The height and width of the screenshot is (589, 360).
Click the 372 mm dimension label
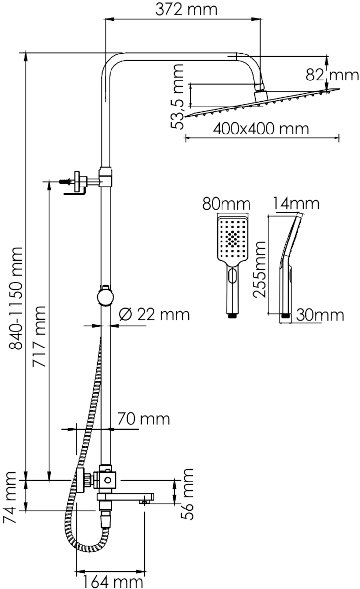click(186, 9)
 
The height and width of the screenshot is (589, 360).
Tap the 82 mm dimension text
click(332, 75)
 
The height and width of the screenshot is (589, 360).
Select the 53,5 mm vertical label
click(177, 97)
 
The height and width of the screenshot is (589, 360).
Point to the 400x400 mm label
click(261, 129)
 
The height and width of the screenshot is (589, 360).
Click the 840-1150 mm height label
click(16, 298)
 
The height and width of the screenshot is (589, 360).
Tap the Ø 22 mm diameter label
click(154, 314)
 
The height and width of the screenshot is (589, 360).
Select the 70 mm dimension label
click(144, 419)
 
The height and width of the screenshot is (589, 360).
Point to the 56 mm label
click(187, 494)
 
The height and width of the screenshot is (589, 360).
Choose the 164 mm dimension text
click(113, 582)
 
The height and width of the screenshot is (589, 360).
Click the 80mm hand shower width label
click(226, 204)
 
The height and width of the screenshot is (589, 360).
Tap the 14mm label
click(296, 203)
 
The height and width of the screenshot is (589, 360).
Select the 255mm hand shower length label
click(259, 269)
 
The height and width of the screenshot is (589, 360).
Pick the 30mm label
click(320, 315)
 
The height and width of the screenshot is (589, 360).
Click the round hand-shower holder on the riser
click(106, 296)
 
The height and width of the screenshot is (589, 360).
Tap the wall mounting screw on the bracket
click(65, 182)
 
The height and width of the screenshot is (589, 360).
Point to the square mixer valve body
click(108, 480)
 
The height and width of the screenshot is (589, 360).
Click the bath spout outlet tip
click(144, 502)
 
